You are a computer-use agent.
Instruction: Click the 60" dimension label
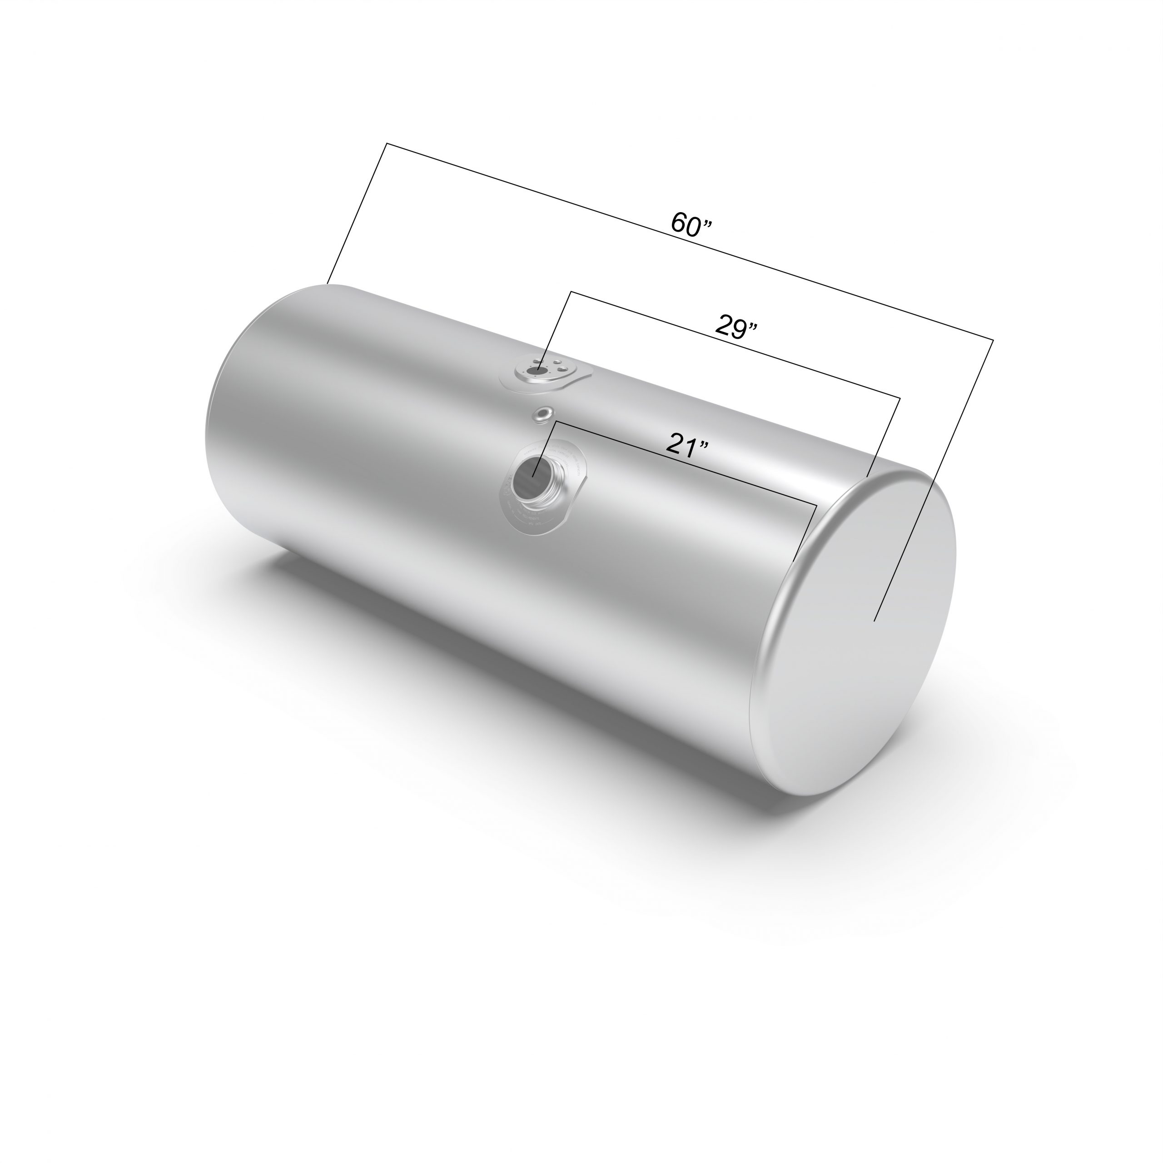(691, 224)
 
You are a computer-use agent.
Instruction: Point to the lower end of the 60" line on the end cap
(874, 621)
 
